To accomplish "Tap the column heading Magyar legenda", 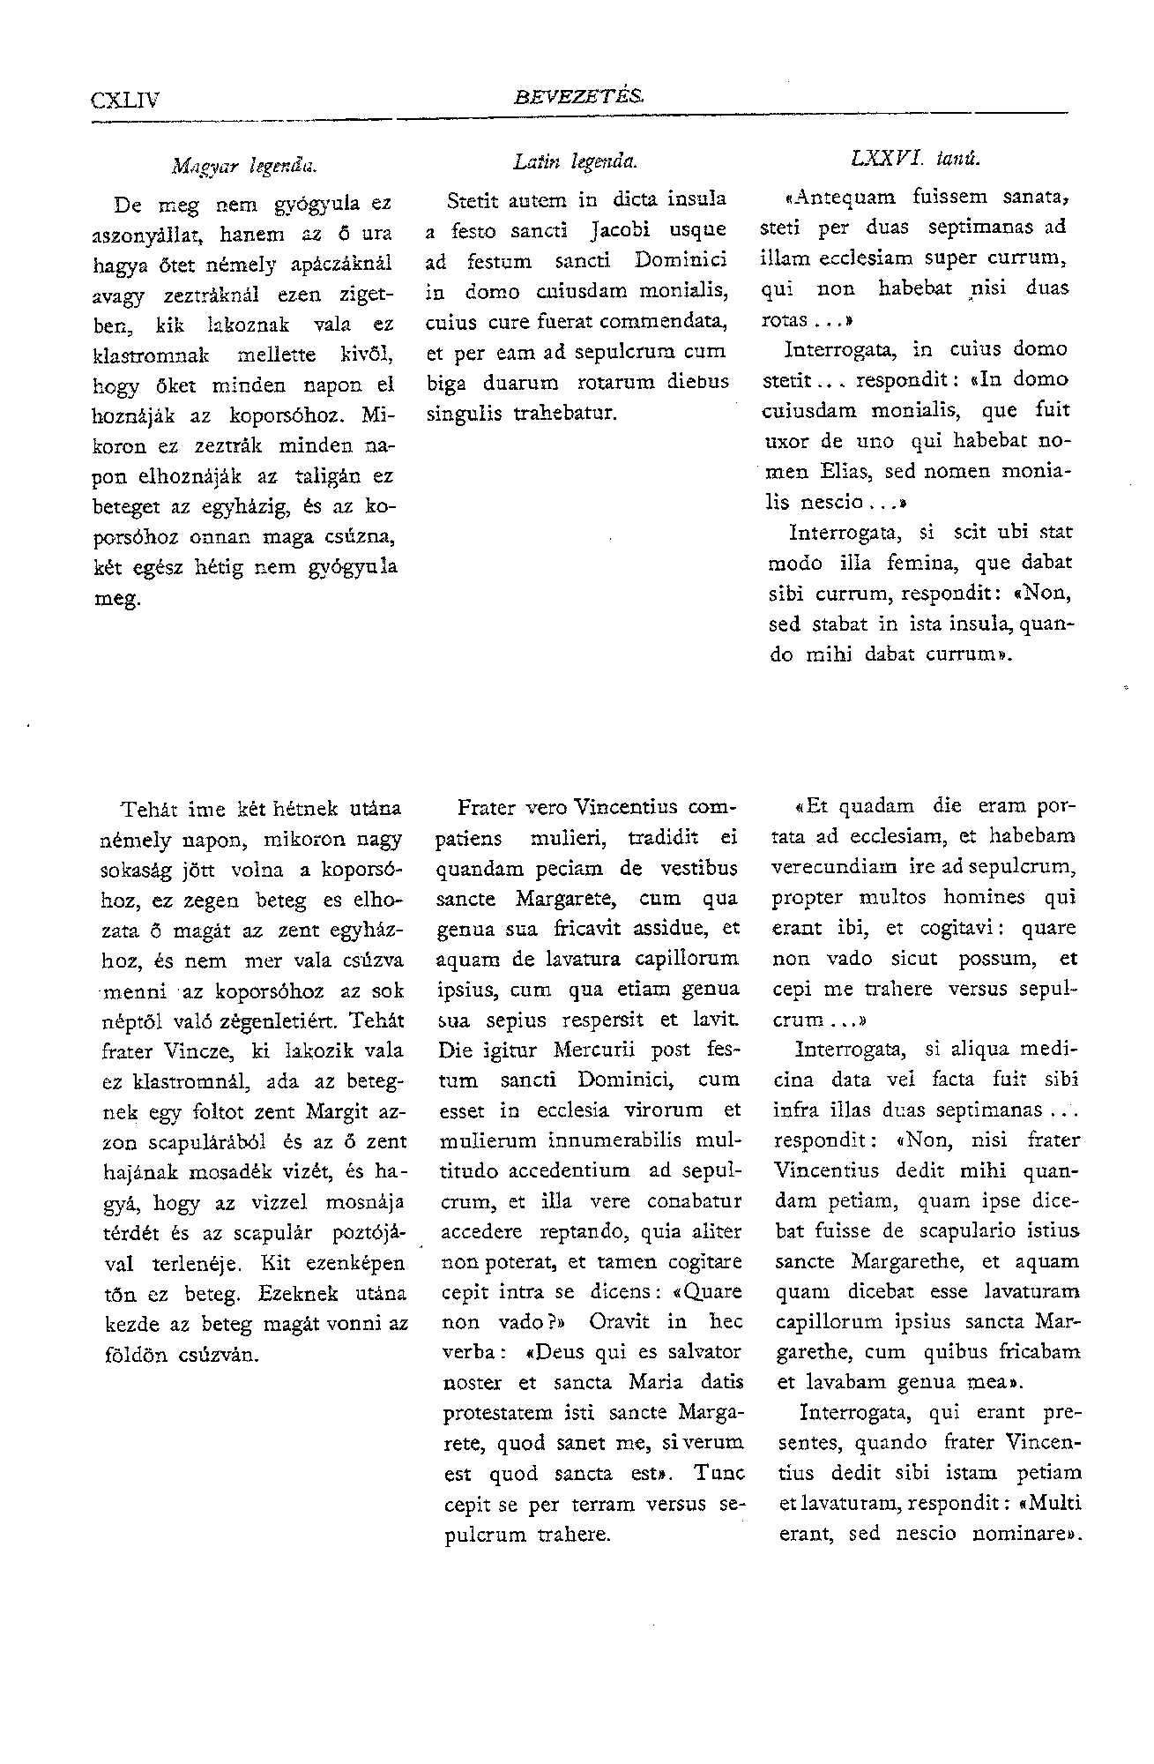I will [x=244, y=165].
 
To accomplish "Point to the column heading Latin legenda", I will [x=575, y=161].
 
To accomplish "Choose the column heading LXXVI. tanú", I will [x=916, y=160].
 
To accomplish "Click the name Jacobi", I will [x=627, y=230].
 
